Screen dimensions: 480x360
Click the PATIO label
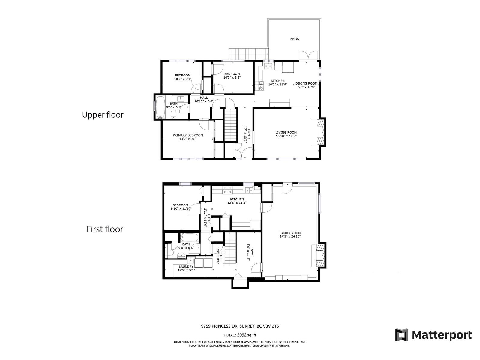point(295,39)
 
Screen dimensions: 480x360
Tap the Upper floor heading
point(103,115)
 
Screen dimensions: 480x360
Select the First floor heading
point(105,229)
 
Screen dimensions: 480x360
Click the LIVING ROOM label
point(286,132)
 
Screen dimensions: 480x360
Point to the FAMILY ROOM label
point(290,233)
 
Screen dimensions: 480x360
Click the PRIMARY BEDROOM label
point(188,135)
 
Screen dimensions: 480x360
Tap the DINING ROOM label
point(306,83)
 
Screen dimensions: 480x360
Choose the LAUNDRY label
point(186,267)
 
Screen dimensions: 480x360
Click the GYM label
point(252,251)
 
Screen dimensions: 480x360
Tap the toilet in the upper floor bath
point(174,114)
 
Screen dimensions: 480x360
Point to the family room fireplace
point(319,255)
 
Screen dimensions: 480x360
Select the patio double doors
point(308,55)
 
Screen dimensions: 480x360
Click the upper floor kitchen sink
point(268,66)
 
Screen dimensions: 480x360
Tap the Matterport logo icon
point(401,335)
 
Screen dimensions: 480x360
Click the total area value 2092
point(241,335)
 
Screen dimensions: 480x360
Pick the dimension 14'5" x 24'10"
point(290,236)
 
